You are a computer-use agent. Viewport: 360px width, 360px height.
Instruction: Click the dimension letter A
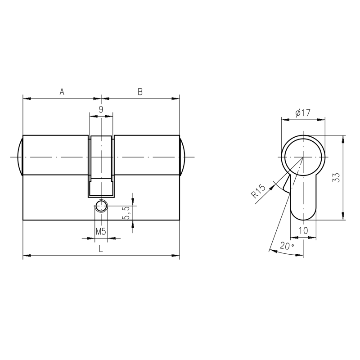point(62,92)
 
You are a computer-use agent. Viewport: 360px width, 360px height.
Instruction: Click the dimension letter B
point(140,92)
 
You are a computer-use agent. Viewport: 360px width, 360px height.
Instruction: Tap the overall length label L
point(101,249)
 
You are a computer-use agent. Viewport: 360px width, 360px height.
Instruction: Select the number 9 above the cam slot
point(101,109)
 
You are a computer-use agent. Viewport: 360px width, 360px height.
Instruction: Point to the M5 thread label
point(101,232)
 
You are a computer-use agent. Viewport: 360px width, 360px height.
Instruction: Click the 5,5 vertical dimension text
point(127,213)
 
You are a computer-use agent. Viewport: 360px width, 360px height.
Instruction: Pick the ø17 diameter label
point(303,113)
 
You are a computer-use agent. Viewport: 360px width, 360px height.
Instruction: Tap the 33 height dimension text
point(336,177)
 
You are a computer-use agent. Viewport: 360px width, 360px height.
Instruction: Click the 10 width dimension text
point(303,230)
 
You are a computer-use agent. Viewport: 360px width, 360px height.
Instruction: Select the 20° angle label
point(287,246)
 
